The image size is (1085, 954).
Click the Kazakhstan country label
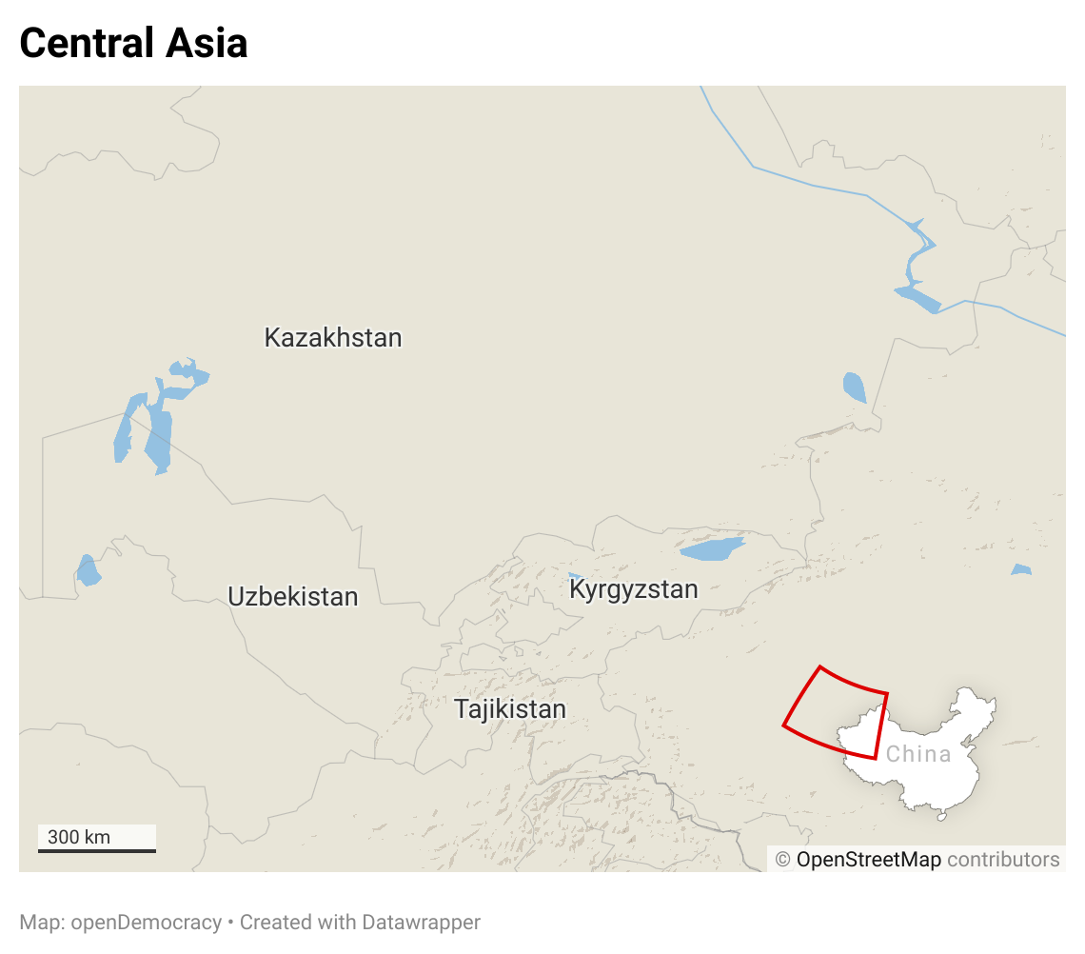[x=333, y=338]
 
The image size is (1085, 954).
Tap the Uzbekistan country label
[x=293, y=597]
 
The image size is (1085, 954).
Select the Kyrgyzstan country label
[x=633, y=589]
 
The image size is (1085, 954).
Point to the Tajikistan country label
[x=510, y=709]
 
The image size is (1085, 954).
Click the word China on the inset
[x=918, y=754]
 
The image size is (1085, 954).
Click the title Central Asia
[x=133, y=43]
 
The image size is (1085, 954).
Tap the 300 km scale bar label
[x=79, y=838]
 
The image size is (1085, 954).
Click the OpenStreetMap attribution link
[x=868, y=860]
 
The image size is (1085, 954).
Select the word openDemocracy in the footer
[x=146, y=923]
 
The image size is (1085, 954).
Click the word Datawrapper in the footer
[x=422, y=923]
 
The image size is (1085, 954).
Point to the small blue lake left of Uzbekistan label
[x=88, y=571]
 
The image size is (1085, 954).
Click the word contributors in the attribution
[x=1003, y=860]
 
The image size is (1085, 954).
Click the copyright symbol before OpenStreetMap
[x=783, y=860]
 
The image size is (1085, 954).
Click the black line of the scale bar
[x=97, y=850]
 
